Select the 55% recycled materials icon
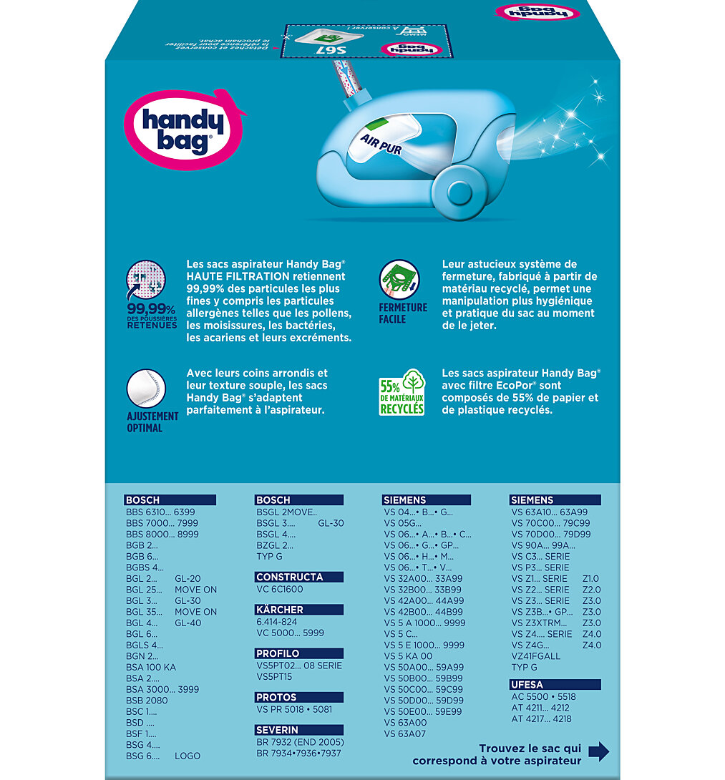pyautogui.click(x=402, y=393)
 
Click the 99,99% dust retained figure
pyautogui.click(x=152, y=308)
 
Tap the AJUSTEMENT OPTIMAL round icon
pyautogui.click(x=146, y=389)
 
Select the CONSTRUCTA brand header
pyautogui.click(x=290, y=577)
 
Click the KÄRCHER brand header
pyautogui.click(x=280, y=610)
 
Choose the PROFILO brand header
pyautogui.click(x=278, y=653)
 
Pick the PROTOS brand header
pyautogui.click(x=276, y=697)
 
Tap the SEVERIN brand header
pyautogui.click(x=278, y=730)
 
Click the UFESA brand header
pyautogui.click(x=530, y=685)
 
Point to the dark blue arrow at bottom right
pyautogui.click(x=598, y=751)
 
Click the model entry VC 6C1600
pyautogui.click(x=280, y=589)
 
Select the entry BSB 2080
pyautogui.click(x=147, y=701)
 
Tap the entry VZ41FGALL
pyautogui.click(x=536, y=656)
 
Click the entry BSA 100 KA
pyautogui.click(x=150, y=667)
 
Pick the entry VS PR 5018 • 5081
pyautogui.click(x=294, y=709)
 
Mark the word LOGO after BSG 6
pyautogui.click(x=188, y=756)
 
